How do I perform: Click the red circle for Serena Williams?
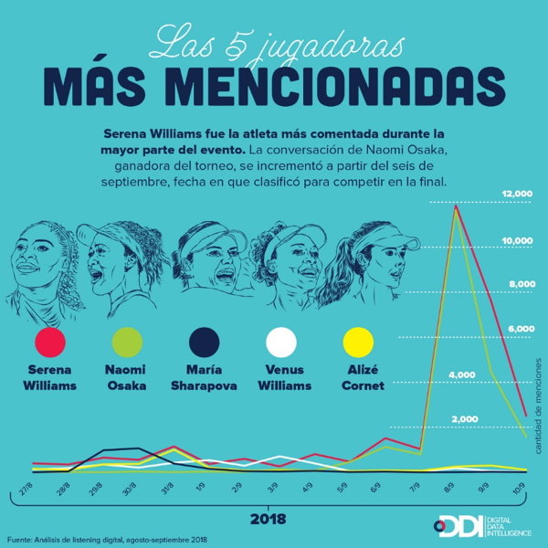point(49,343)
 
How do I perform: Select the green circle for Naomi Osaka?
point(126,343)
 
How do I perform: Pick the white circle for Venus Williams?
point(281,343)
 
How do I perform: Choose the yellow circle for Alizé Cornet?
point(357,343)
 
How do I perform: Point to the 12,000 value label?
point(516,195)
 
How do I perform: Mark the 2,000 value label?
point(465,418)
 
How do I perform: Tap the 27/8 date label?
point(27,489)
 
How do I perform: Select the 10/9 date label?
point(520,489)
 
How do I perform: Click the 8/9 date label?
point(449,489)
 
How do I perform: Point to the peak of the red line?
point(455,207)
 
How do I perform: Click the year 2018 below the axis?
point(267,519)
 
